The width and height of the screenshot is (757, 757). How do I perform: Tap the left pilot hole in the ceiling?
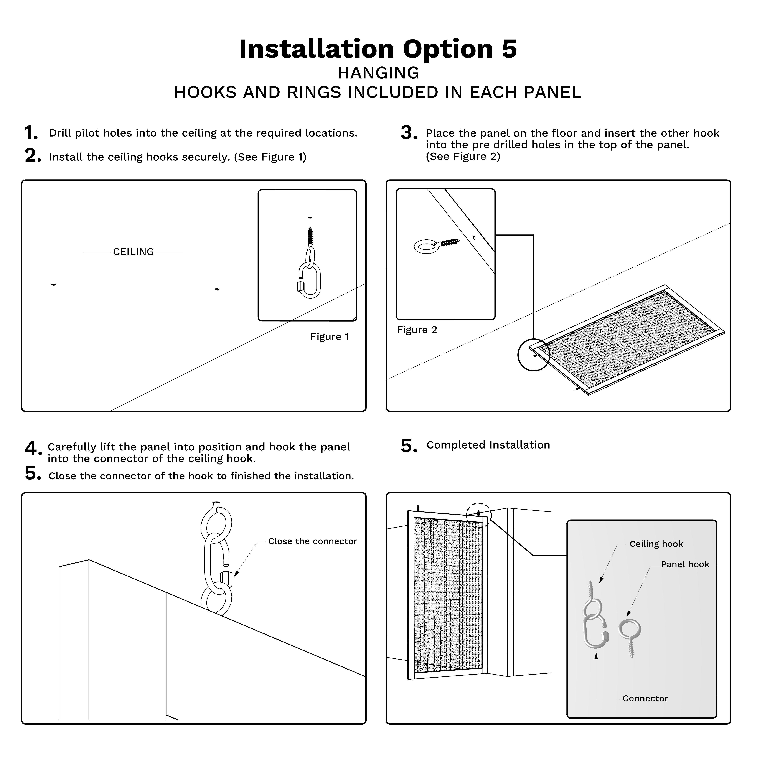(x=53, y=284)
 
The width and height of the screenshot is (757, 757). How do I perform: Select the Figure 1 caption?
(x=330, y=337)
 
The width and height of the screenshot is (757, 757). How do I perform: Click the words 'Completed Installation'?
(x=488, y=445)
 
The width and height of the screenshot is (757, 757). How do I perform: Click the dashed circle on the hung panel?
(x=478, y=515)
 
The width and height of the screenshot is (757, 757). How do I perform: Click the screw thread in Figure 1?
(x=310, y=236)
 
